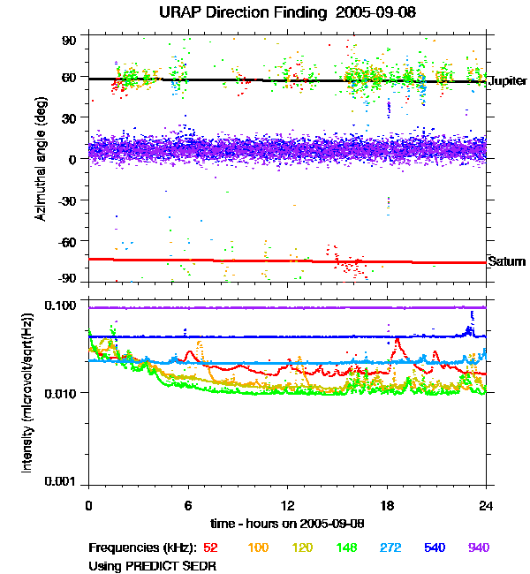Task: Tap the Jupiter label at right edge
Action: pyautogui.click(x=507, y=80)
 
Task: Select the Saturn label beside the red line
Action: pyautogui.click(x=507, y=261)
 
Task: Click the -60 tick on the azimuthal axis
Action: pyautogui.click(x=67, y=240)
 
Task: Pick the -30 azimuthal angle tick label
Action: pyautogui.click(x=67, y=200)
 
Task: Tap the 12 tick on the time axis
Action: pyautogui.click(x=287, y=505)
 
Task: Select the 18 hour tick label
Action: pyautogui.click(x=387, y=505)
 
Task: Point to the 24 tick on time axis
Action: pyautogui.click(x=487, y=505)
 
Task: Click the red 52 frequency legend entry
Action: pyautogui.click(x=211, y=548)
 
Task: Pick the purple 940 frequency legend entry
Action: pyautogui.click(x=478, y=548)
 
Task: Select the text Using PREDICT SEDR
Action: pyautogui.click(x=153, y=565)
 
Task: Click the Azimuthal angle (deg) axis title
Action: pyautogui.click(x=40, y=159)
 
